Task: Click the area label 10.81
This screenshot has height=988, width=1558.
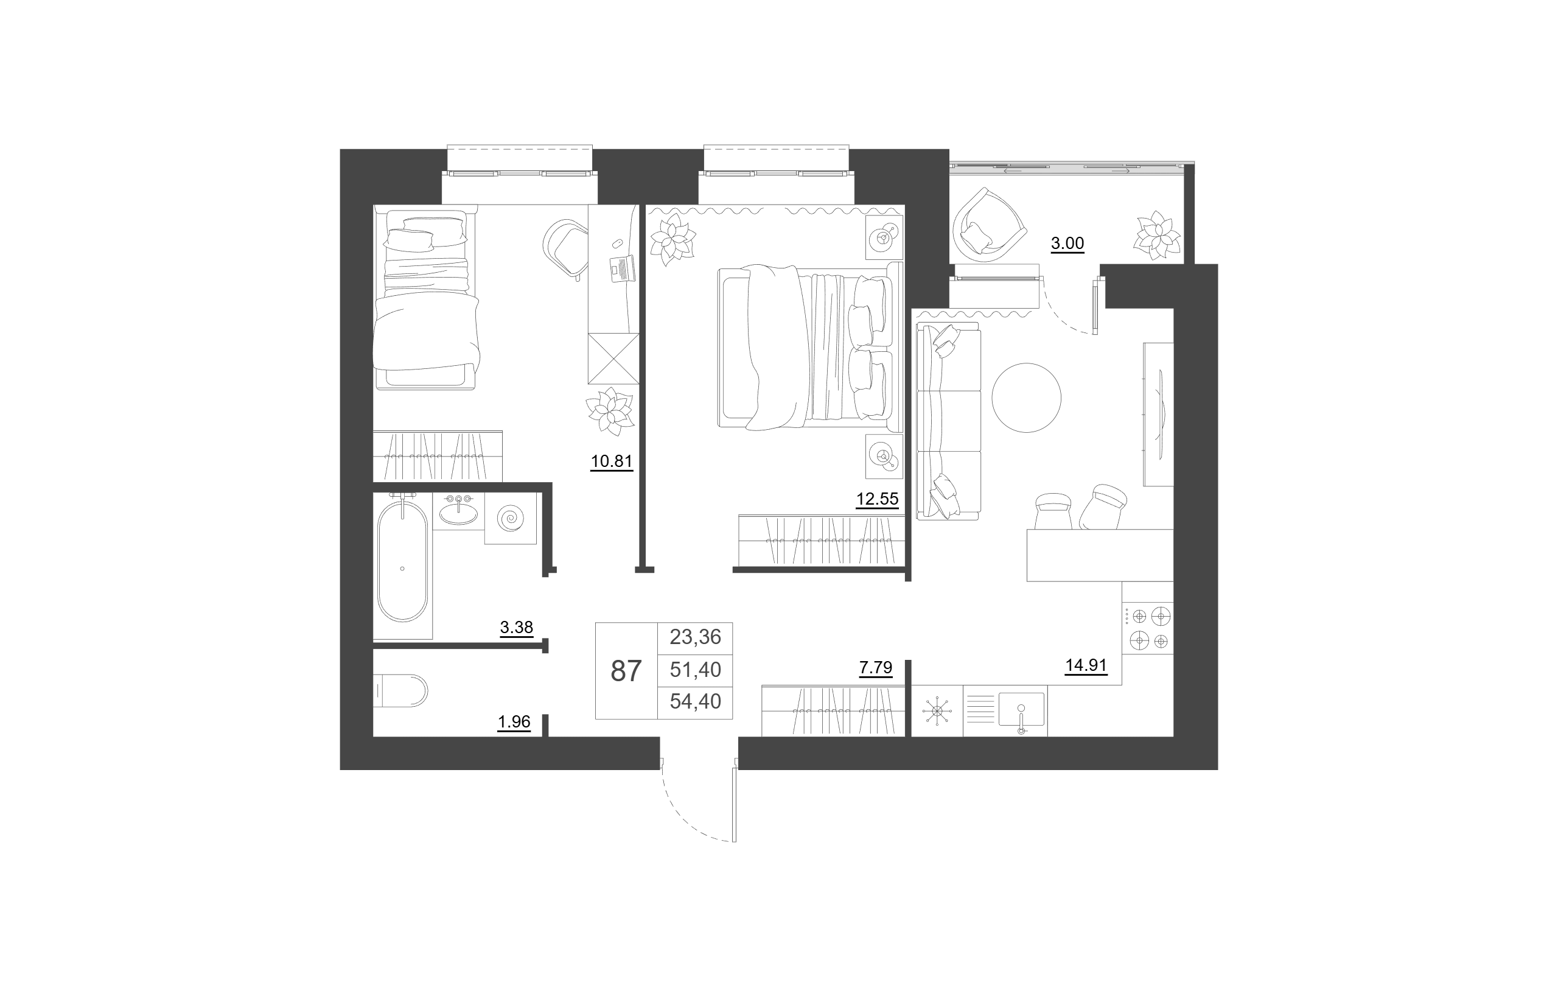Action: coord(612,461)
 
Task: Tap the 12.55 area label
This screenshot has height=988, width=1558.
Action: coord(878,499)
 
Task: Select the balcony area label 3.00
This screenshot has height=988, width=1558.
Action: coord(1067,243)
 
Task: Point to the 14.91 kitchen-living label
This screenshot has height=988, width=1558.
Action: coord(1086,665)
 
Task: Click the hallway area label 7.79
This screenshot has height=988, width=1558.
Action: coord(875,667)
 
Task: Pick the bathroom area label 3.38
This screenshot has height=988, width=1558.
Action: coord(516,627)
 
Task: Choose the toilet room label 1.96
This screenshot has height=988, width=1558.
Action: coord(514,721)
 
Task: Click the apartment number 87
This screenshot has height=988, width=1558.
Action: coord(626,671)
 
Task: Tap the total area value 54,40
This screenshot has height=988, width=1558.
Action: coord(695,701)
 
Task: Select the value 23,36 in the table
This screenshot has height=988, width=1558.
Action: coord(695,637)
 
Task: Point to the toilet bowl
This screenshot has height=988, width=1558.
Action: coord(401,690)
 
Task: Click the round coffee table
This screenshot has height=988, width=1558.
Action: coord(1026,398)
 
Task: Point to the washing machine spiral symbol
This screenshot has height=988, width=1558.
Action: coord(510,517)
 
